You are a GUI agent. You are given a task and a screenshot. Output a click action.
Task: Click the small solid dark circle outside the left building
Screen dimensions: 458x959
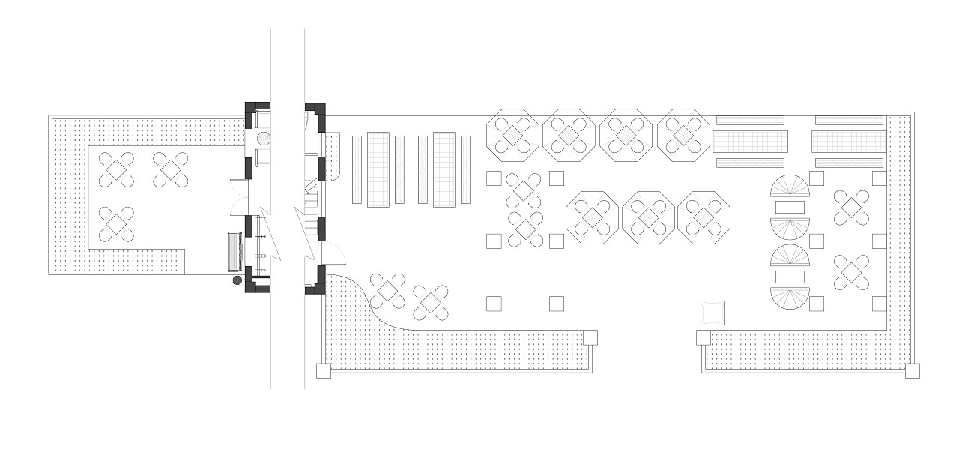pyautogui.click(x=238, y=280)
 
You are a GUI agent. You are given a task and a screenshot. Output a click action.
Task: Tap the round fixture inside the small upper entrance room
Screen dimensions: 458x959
pyautogui.click(x=264, y=139)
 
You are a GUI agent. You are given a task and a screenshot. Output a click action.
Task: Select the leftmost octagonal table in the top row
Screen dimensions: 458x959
pyautogui.click(x=513, y=135)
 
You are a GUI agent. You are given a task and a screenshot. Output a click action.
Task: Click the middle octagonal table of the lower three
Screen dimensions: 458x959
pyautogui.click(x=649, y=217)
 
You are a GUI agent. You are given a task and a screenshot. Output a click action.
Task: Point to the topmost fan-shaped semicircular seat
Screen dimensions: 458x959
pyautogui.click(x=790, y=185)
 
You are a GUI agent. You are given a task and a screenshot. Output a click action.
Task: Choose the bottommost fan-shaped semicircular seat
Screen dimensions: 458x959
pyautogui.click(x=790, y=301)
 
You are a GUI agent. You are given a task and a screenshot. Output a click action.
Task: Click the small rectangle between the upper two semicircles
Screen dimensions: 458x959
pyautogui.click(x=790, y=207)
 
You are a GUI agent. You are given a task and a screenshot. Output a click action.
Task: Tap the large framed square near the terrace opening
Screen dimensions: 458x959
pyautogui.click(x=713, y=312)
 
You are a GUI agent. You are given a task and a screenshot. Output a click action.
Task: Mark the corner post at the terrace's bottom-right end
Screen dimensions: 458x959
pyautogui.click(x=912, y=370)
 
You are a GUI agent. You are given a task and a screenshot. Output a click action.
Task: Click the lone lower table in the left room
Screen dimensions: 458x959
pyautogui.click(x=116, y=224)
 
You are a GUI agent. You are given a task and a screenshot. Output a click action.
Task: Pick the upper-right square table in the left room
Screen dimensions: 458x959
pyautogui.click(x=171, y=169)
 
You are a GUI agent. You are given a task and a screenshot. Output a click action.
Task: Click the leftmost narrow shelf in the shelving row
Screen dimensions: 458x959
pyautogui.click(x=357, y=169)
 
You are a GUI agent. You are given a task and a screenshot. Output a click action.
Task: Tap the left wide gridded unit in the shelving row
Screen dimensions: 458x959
pyautogui.click(x=378, y=169)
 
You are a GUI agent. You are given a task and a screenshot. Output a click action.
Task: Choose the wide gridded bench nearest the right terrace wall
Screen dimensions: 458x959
pyautogui.click(x=849, y=141)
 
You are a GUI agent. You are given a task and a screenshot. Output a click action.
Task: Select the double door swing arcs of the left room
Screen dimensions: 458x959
pyautogui.click(x=236, y=196)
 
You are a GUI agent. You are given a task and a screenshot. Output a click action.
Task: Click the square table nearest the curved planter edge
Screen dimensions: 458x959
pyautogui.click(x=388, y=289)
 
